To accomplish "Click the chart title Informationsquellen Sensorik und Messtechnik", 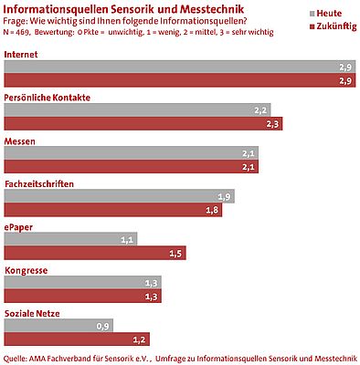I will click(x=124, y=9).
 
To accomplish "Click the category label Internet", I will click(x=22, y=56).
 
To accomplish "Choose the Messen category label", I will click(x=21, y=141).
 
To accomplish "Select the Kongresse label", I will click(x=26, y=270).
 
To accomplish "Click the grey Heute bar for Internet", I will click(x=178, y=68).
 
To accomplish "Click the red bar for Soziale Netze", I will click(x=76, y=339).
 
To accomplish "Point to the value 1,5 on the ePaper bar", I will click(x=176, y=253).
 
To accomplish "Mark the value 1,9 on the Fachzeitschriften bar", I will click(x=225, y=196).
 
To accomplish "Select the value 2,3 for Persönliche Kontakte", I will click(x=272, y=123).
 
